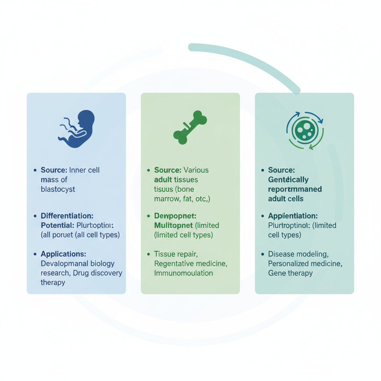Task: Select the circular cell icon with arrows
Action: pos(305,130)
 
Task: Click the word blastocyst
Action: pos(58,189)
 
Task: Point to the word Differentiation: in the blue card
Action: pos(67,216)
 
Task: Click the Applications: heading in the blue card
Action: pos(63,254)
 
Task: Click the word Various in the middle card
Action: pos(196,170)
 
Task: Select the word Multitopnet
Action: pos(173,225)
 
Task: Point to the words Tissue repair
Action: pos(176,254)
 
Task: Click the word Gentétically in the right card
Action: pos(288,180)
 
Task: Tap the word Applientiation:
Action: pos(293,216)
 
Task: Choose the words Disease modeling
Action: pos(298,254)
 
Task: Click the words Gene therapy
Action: pos(290,273)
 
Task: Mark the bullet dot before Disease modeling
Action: pos(263,254)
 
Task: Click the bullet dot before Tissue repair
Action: pos(148,254)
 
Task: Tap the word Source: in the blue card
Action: pos(54,170)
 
